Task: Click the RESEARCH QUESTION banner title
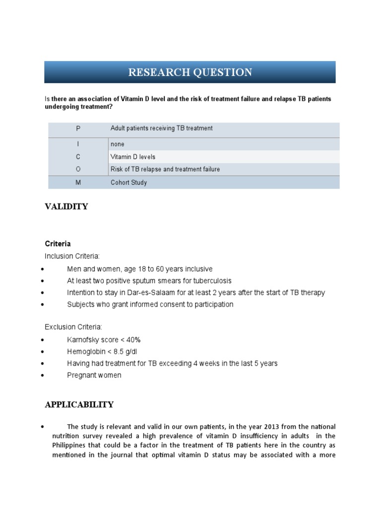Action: [190, 72]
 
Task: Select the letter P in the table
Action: [78, 128]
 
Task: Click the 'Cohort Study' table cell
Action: [129, 183]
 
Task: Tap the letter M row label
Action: [78, 183]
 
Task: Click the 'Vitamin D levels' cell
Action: [133, 157]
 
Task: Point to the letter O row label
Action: [78, 169]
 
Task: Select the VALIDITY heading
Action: [66, 207]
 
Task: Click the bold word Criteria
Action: [58, 244]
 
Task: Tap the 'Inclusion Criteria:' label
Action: [72, 256]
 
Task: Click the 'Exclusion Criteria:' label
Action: [74, 327]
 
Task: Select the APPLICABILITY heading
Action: [79, 405]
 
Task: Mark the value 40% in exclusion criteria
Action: [133, 340]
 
